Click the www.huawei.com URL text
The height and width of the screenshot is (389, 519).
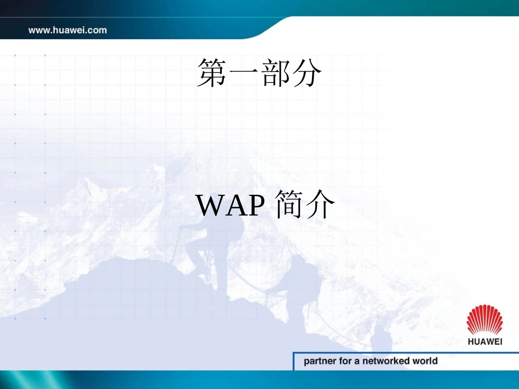point(68,30)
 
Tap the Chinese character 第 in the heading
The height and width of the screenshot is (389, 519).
point(212,74)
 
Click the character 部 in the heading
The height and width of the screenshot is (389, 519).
point(275,74)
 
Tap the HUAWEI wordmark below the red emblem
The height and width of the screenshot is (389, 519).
point(485,342)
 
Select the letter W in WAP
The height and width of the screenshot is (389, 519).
point(208,205)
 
